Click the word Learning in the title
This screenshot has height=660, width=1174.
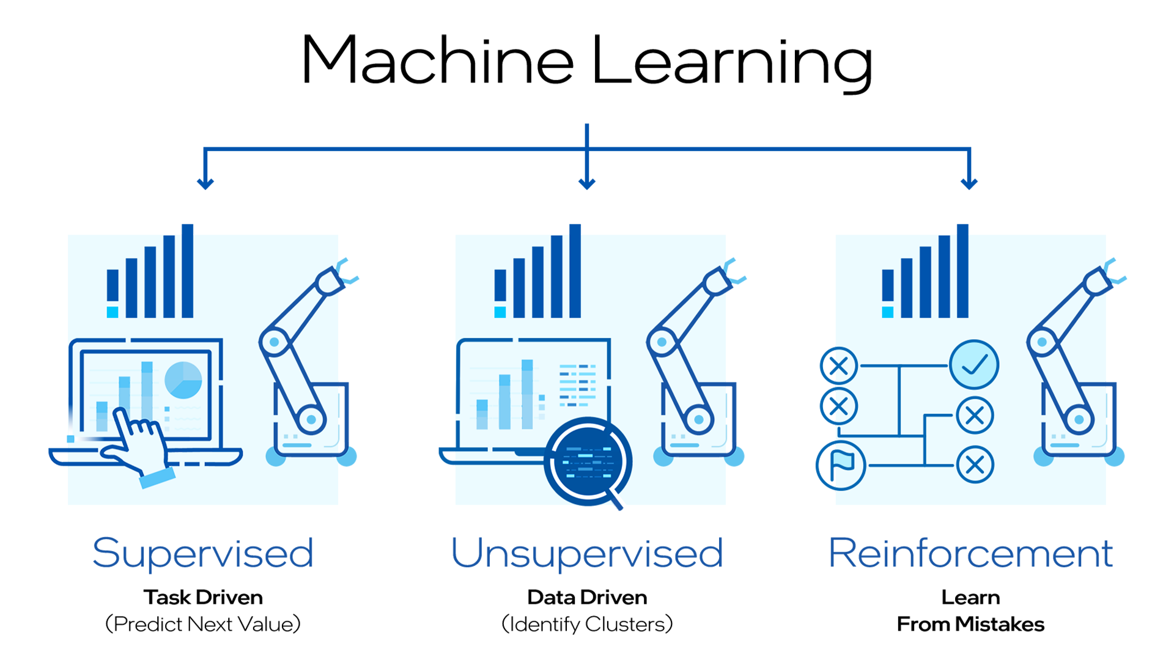[732, 63]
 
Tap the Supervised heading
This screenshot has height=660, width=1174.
[203, 553]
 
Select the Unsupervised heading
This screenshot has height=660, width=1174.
[587, 553]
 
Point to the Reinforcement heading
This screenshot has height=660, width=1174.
[970, 553]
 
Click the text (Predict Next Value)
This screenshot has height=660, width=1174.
[203, 624]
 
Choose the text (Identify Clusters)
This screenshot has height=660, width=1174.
[587, 624]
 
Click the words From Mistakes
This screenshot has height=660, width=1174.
[970, 624]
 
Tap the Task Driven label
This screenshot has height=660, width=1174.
[203, 597]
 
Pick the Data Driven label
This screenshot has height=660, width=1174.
[587, 597]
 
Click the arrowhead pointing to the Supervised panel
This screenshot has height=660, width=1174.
[205, 183]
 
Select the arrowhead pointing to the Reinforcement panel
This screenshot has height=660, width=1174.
[969, 183]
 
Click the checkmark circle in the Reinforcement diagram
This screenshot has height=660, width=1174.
[974, 365]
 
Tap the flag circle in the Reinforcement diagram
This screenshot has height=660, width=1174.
[841, 465]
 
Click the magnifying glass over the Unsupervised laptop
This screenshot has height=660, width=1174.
[588, 461]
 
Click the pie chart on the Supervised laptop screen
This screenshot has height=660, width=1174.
[183, 380]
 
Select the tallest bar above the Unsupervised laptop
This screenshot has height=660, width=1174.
[575, 271]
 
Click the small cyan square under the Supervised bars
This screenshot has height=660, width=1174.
[113, 312]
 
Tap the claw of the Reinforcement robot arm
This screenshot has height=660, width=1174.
[1114, 271]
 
